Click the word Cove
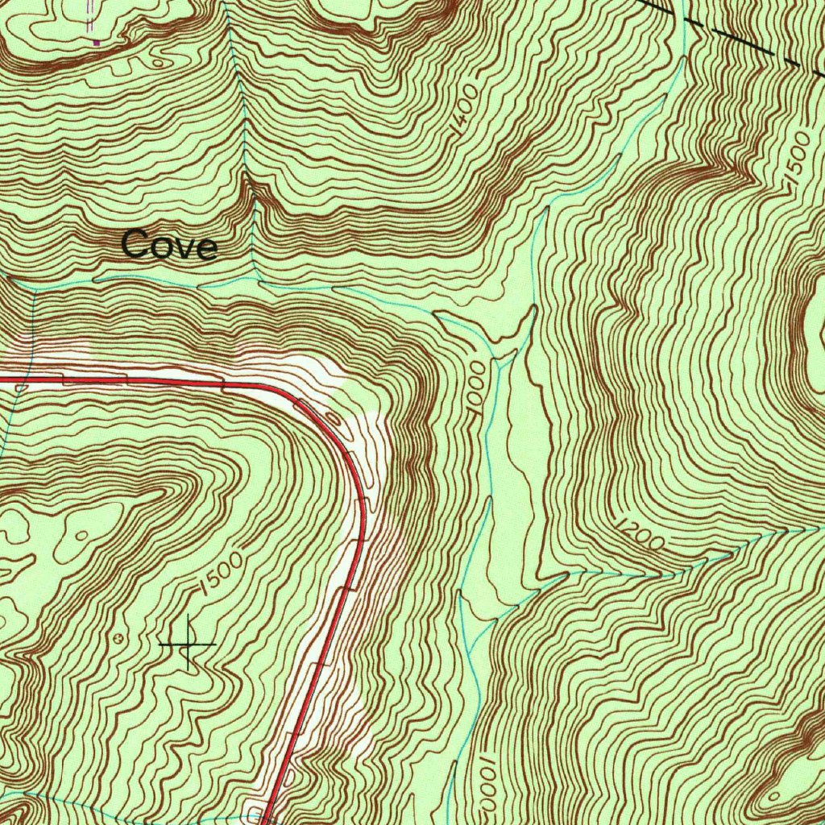point(169,245)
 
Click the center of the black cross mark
point(188,645)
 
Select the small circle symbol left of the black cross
point(122,637)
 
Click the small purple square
point(97,40)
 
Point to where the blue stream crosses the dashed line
point(682,14)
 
